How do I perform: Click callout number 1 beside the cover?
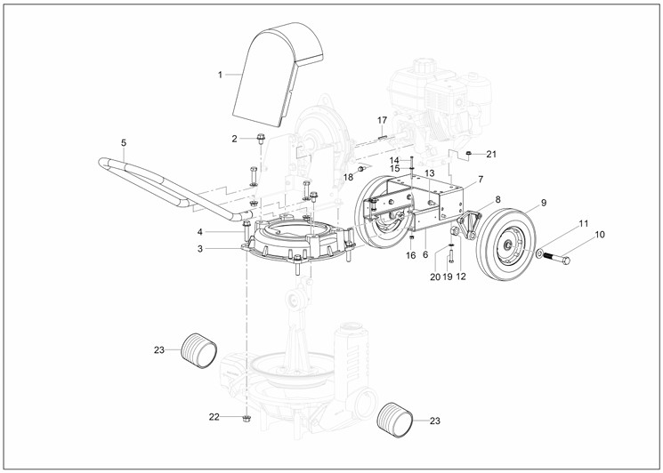pos(220,75)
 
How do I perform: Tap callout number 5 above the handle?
pos(124,142)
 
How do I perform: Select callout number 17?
pos(382,120)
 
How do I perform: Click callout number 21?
pos(490,154)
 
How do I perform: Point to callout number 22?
pos(214,416)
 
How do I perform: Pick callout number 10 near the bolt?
pos(599,235)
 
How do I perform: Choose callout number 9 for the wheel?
pos(543,203)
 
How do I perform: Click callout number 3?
pos(200,249)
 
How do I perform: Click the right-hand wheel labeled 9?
pos(507,245)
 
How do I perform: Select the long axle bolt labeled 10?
pos(557,259)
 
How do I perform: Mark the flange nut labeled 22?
pos(246,416)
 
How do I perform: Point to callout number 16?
pos(410,255)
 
